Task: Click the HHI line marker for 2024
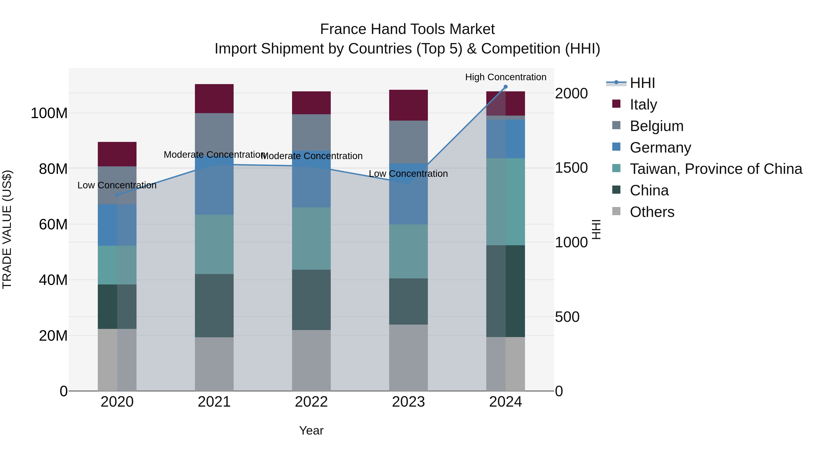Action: pos(505,87)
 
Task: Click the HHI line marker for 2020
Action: pos(117,195)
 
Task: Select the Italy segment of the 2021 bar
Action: pos(214,99)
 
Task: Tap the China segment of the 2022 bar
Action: pos(311,300)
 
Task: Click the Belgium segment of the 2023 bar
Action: pos(408,142)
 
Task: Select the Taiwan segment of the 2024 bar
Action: pos(505,202)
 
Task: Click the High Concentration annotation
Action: pos(505,77)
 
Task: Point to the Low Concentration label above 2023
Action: pos(408,174)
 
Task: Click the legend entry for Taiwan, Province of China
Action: pos(716,169)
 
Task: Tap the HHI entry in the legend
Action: pos(642,83)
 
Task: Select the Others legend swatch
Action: pos(616,211)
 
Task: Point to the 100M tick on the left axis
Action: pos(49,113)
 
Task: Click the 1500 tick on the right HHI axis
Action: pos(571,168)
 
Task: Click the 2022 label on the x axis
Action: pos(311,402)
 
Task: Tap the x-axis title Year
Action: pos(311,430)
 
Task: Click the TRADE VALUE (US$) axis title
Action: pos(7,229)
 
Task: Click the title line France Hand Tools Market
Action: pos(407,29)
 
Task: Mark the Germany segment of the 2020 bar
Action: pos(117,225)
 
